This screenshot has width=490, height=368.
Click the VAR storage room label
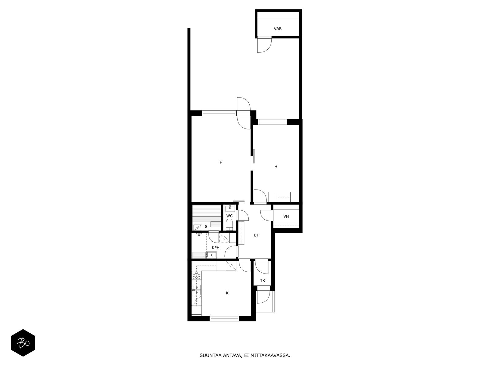[x=278, y=29]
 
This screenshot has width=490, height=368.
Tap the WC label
[x=229, y=216]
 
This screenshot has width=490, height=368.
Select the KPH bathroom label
[x=216, y=247]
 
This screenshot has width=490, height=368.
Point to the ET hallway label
[x=256, y=235]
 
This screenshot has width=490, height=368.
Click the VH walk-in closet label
[x=286, y=216]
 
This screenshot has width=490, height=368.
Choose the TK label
[x=262, y=280]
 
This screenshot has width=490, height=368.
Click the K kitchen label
[x=227, y=293]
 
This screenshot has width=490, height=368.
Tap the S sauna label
[x=206, y=227]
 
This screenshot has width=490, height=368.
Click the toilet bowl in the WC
[x=229, y=224]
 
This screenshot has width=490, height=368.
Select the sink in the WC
[x=230, y=209]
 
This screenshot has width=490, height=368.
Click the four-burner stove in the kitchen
[x=196, y=275]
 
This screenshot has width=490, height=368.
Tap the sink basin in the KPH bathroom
[x=212, y=255]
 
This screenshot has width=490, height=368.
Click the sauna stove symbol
[x=198, y=228]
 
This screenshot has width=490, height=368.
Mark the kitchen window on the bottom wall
[x=224, y=319]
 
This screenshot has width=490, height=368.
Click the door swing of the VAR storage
[x=264, y=45]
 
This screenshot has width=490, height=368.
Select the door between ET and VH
[x=266, y=215]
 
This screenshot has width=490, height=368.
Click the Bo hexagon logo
[x=23, y=343]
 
